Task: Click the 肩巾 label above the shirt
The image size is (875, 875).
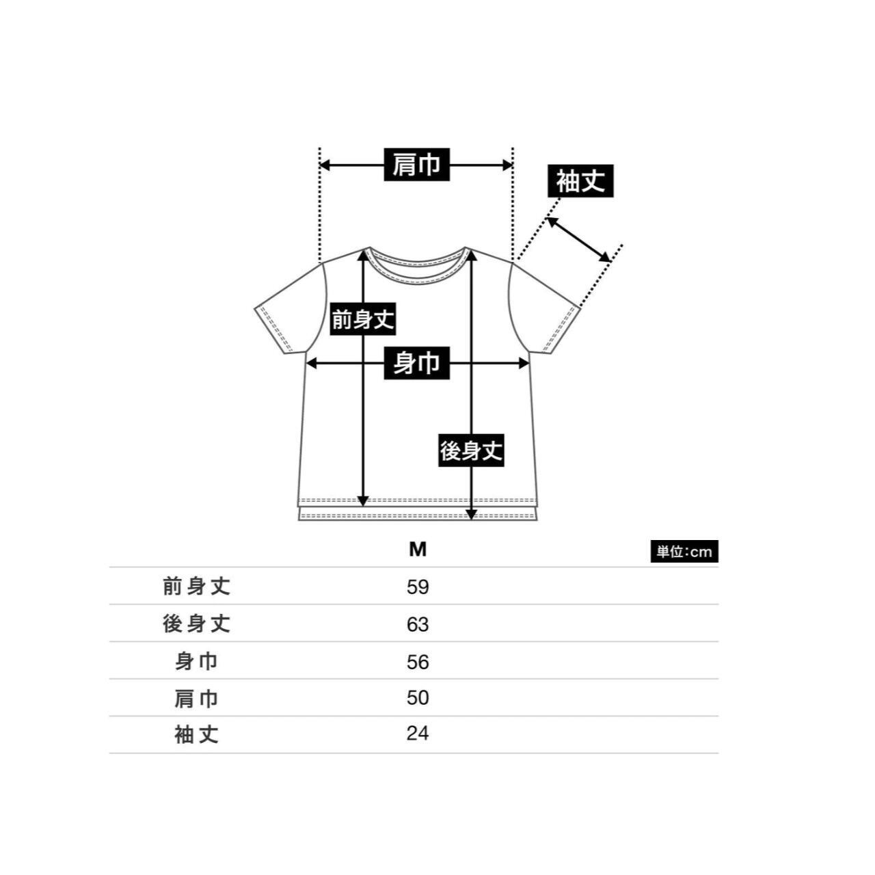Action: [416, 165]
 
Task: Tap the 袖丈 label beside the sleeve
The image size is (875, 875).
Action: [580, 182]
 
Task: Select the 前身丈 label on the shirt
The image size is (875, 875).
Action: [362, 319]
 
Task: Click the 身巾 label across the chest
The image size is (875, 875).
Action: [416, 363]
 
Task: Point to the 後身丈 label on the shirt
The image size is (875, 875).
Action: [471, 450]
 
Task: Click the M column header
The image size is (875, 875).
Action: [418, 550]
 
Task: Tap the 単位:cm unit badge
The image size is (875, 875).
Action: [684, 552]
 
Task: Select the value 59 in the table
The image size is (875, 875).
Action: [418, 587]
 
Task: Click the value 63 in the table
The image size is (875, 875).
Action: [418, 624]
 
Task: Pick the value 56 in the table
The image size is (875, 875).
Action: [418, 661]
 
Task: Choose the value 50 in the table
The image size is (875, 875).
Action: [418, 698]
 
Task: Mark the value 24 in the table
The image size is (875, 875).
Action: [418, 734]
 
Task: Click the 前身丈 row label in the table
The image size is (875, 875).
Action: [197, 587]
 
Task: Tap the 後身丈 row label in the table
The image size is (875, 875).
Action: [197, 624]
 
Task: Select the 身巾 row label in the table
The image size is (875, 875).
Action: [197, 661]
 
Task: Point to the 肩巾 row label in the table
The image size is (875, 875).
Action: [197, 698]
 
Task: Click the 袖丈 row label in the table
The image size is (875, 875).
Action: [197, 735]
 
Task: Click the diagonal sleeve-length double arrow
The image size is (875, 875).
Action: [578, 239]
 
